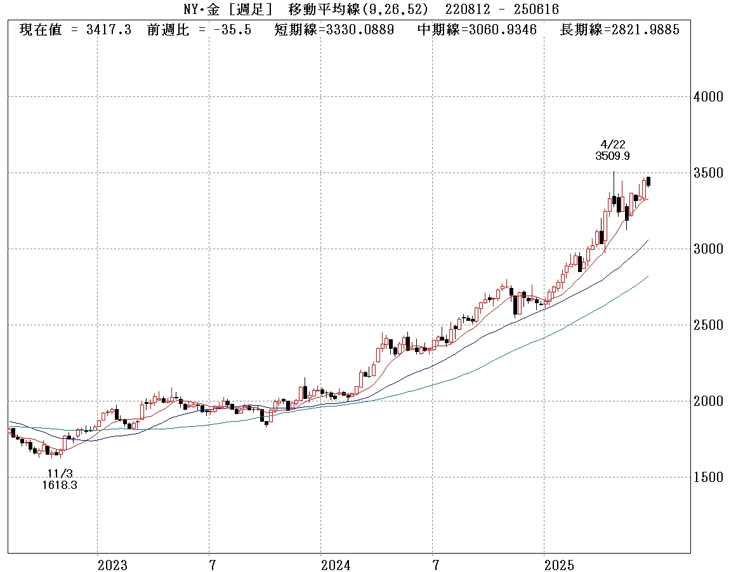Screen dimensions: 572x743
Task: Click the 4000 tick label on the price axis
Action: pyautogui.click(x=709, y=97)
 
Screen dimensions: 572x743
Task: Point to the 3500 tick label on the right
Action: pyautogui.click(x=709, y=173)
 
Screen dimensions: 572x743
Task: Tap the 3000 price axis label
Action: pyautogui.click(x=709, y=249)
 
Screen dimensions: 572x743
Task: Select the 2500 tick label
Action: pyautogui.click(x=709, y=325)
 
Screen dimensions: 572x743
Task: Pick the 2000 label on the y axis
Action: pyautogui.click(x=709, y=401)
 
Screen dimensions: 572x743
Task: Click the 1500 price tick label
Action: pyautogui.click(x=709, y=478)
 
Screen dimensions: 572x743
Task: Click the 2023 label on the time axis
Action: pyautogui.click(x=113, y=565)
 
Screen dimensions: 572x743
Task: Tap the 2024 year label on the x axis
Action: pyautogui.click(x=336, y=565)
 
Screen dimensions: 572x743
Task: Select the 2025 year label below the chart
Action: pyautogui.click(x=560, y=565)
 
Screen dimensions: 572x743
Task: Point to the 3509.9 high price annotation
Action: pyautogui.click(x=613, y=156)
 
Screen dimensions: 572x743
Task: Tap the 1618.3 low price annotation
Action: pyautogui.click(x=61, y=485)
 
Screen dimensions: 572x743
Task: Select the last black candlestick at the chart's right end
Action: pyautogui.click(x=648, y=181)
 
